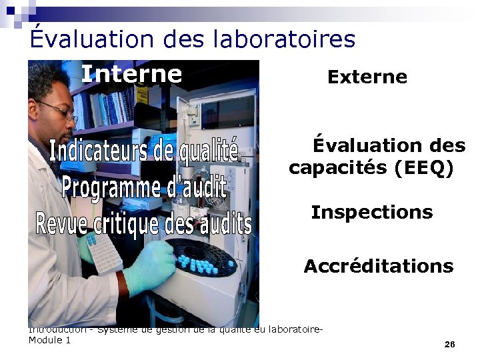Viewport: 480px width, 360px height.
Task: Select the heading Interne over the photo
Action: pyautogui.click(x=131, y=74)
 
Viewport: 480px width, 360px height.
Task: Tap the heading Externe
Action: pyautogui.click(x=367, y=77)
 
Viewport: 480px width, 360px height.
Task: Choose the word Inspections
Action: pyautogui.click(x=371, y=213)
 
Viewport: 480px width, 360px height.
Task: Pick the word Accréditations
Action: pyautogui.click(x=378, y=267)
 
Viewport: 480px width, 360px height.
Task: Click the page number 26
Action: pyautogui.click(x=449, y=344)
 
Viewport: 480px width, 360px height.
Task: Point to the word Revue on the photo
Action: pyautogui.click(x=57, y=223)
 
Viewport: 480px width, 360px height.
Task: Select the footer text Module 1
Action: pyautogui.click(x=49, y=341)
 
